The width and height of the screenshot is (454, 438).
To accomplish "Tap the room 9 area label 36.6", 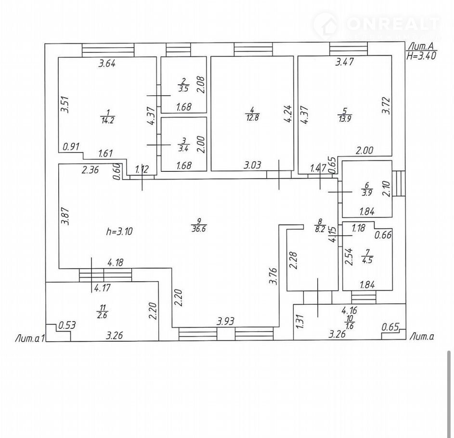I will tap(197, 230).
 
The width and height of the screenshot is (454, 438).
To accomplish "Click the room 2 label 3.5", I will tap(183, 89).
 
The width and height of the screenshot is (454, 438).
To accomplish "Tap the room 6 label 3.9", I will tap(367, 193).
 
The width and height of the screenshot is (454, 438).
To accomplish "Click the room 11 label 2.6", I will tap(102, 315).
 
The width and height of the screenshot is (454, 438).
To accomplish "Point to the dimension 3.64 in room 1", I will tap(107, 63).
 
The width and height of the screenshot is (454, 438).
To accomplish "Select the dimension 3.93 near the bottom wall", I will tap(226, 321).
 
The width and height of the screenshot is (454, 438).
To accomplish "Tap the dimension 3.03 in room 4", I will tap(252, 165).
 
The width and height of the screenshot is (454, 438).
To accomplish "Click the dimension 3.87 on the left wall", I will tap(66, 216).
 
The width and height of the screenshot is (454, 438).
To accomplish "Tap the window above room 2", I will tap(178, 50).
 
